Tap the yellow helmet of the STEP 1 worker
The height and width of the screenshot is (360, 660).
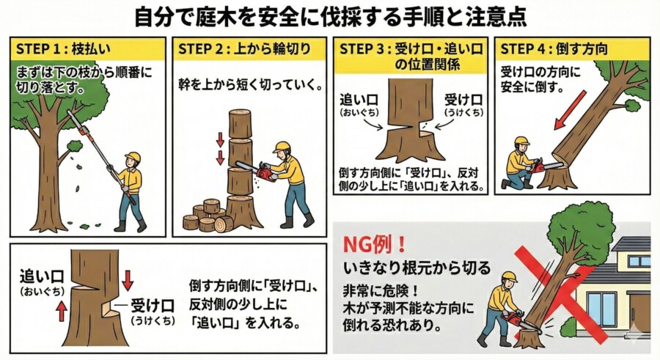click(133, 157)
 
